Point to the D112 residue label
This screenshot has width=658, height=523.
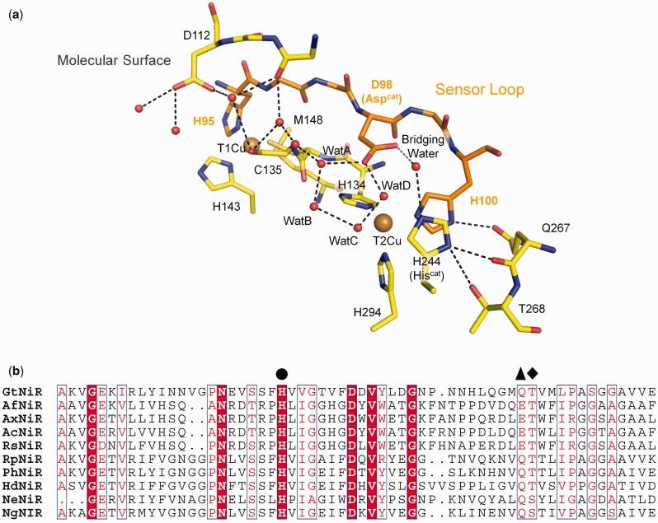(x=172, y=35)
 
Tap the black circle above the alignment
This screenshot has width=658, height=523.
(x=283, y=372)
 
